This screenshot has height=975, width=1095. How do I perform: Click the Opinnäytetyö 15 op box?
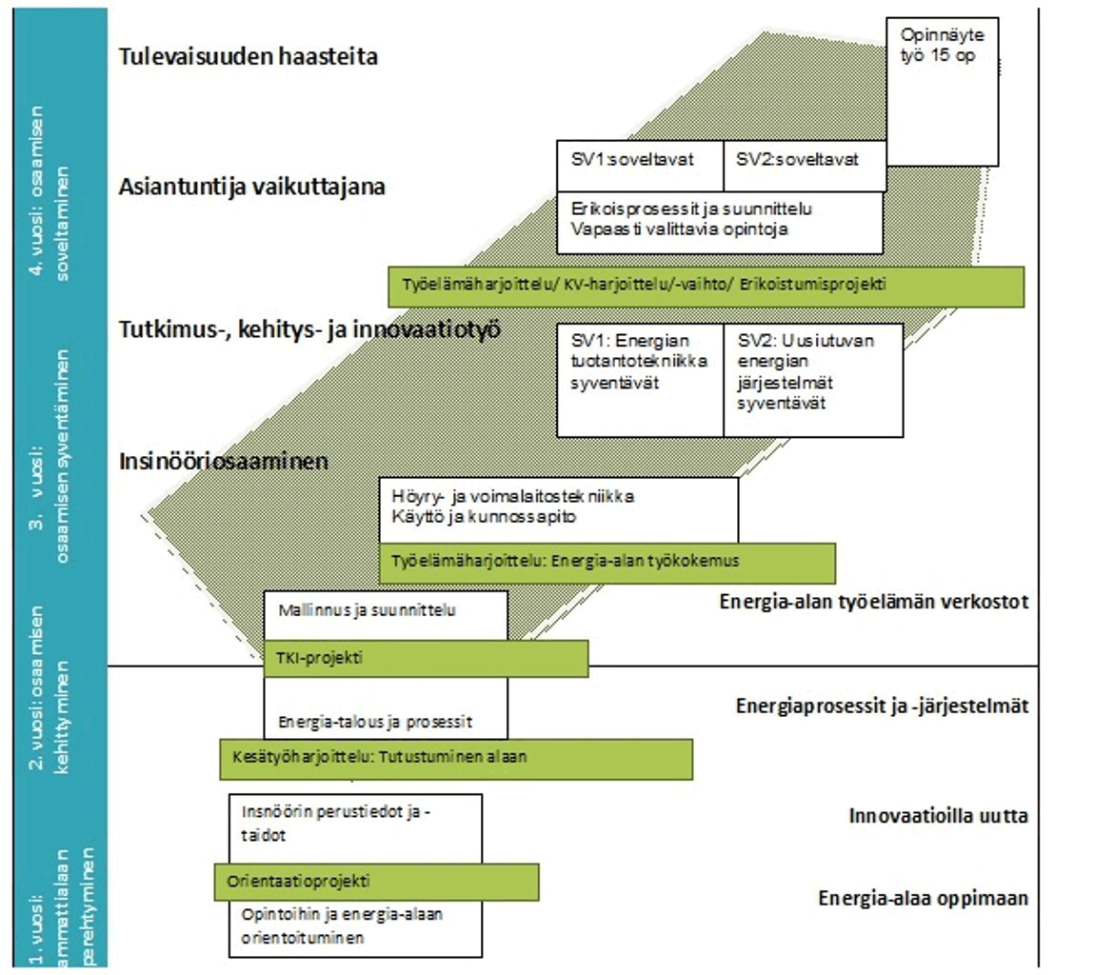pyautogui.click(x=942, y=90)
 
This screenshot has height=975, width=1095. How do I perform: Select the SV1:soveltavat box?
pyautogui.click(x=640, y=165)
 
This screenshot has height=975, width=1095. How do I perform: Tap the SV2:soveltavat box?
pyautogui.click(x=805, y=165)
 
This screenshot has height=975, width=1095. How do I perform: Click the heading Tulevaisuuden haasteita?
pyautogui.click(x=249, y=56)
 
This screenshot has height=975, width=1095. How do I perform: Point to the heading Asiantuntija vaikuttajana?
pyautogui.click(x=252, y=187)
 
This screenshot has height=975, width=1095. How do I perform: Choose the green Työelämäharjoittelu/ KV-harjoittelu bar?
pyautogui.click(x=706, y=286)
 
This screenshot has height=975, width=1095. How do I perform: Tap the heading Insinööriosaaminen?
pyautogui.click(x=224, y=462)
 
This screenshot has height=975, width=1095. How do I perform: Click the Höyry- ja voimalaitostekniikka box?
pyautogui.click(x=558, y=508)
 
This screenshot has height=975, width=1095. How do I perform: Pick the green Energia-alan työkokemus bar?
pyautogui.click(x=607, y=563)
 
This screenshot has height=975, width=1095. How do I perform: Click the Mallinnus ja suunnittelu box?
pyautogui.click(x=385, y=614)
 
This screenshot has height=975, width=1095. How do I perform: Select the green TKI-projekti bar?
pyautogui.click(x=425, y=658)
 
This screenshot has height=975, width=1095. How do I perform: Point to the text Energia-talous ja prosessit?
pyautogui.click(x=375, y=722)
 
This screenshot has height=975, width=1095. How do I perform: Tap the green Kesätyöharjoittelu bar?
pyautogui.click(x=455, y=759)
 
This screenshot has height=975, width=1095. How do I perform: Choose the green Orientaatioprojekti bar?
pyautogui.click(x=376, y=882)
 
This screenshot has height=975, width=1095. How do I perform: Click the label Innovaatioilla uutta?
pyautogui.click(x=938, y=816)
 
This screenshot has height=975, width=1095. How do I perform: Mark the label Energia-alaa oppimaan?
pyautogui.click(x=923, y=898)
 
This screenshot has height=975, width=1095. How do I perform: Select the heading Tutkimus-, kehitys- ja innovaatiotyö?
pyautogui.click(x=309, y=330)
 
